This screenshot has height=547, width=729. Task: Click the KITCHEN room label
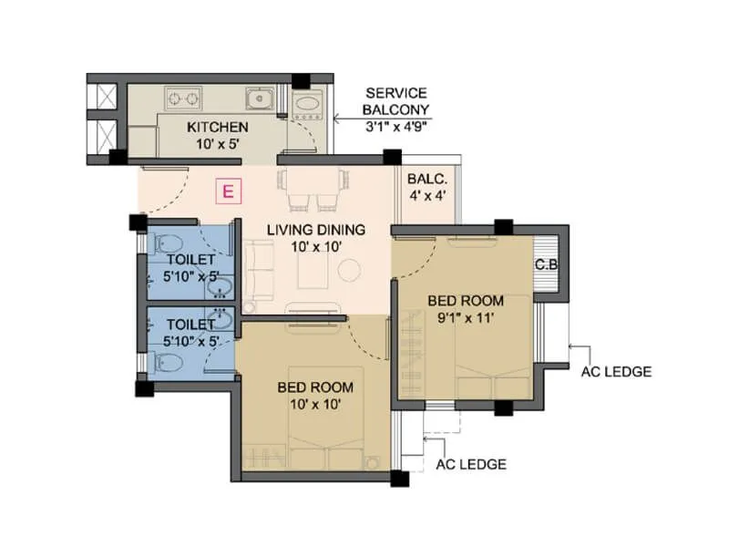(218, 126)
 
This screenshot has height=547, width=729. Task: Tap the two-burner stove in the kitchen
(180, 96)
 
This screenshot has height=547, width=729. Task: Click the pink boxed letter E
(229, 191)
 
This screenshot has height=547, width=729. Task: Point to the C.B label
(547, 265)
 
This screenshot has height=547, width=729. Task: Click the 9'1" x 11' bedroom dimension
(466, 317)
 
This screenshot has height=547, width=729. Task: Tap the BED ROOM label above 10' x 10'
(315, 387)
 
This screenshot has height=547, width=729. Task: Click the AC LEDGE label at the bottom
(471, 464)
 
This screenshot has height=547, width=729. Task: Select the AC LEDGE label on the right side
(615, 371)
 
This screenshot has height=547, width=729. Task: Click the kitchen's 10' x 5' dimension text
(218, 142)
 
